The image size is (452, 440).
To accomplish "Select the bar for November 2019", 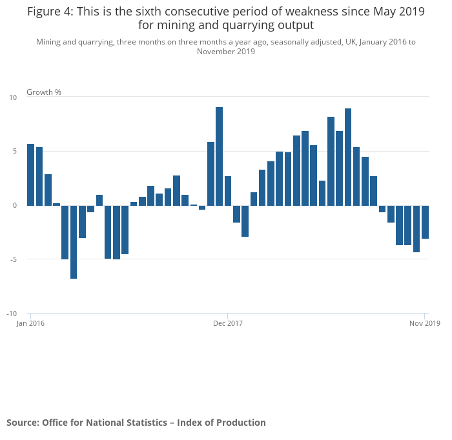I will (x=425, y=222).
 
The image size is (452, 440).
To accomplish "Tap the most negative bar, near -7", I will (x=74, y=242).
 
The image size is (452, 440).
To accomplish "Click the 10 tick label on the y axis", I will (x=13, y=97).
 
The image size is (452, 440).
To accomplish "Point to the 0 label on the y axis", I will (x=14, y=205).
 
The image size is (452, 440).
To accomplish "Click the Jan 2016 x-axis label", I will (x=30, y=323).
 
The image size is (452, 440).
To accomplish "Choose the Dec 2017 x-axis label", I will (x=228, y=323).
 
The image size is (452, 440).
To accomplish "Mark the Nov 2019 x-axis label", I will (x=425, y=323).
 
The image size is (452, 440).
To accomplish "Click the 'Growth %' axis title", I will (x=44, y=92).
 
